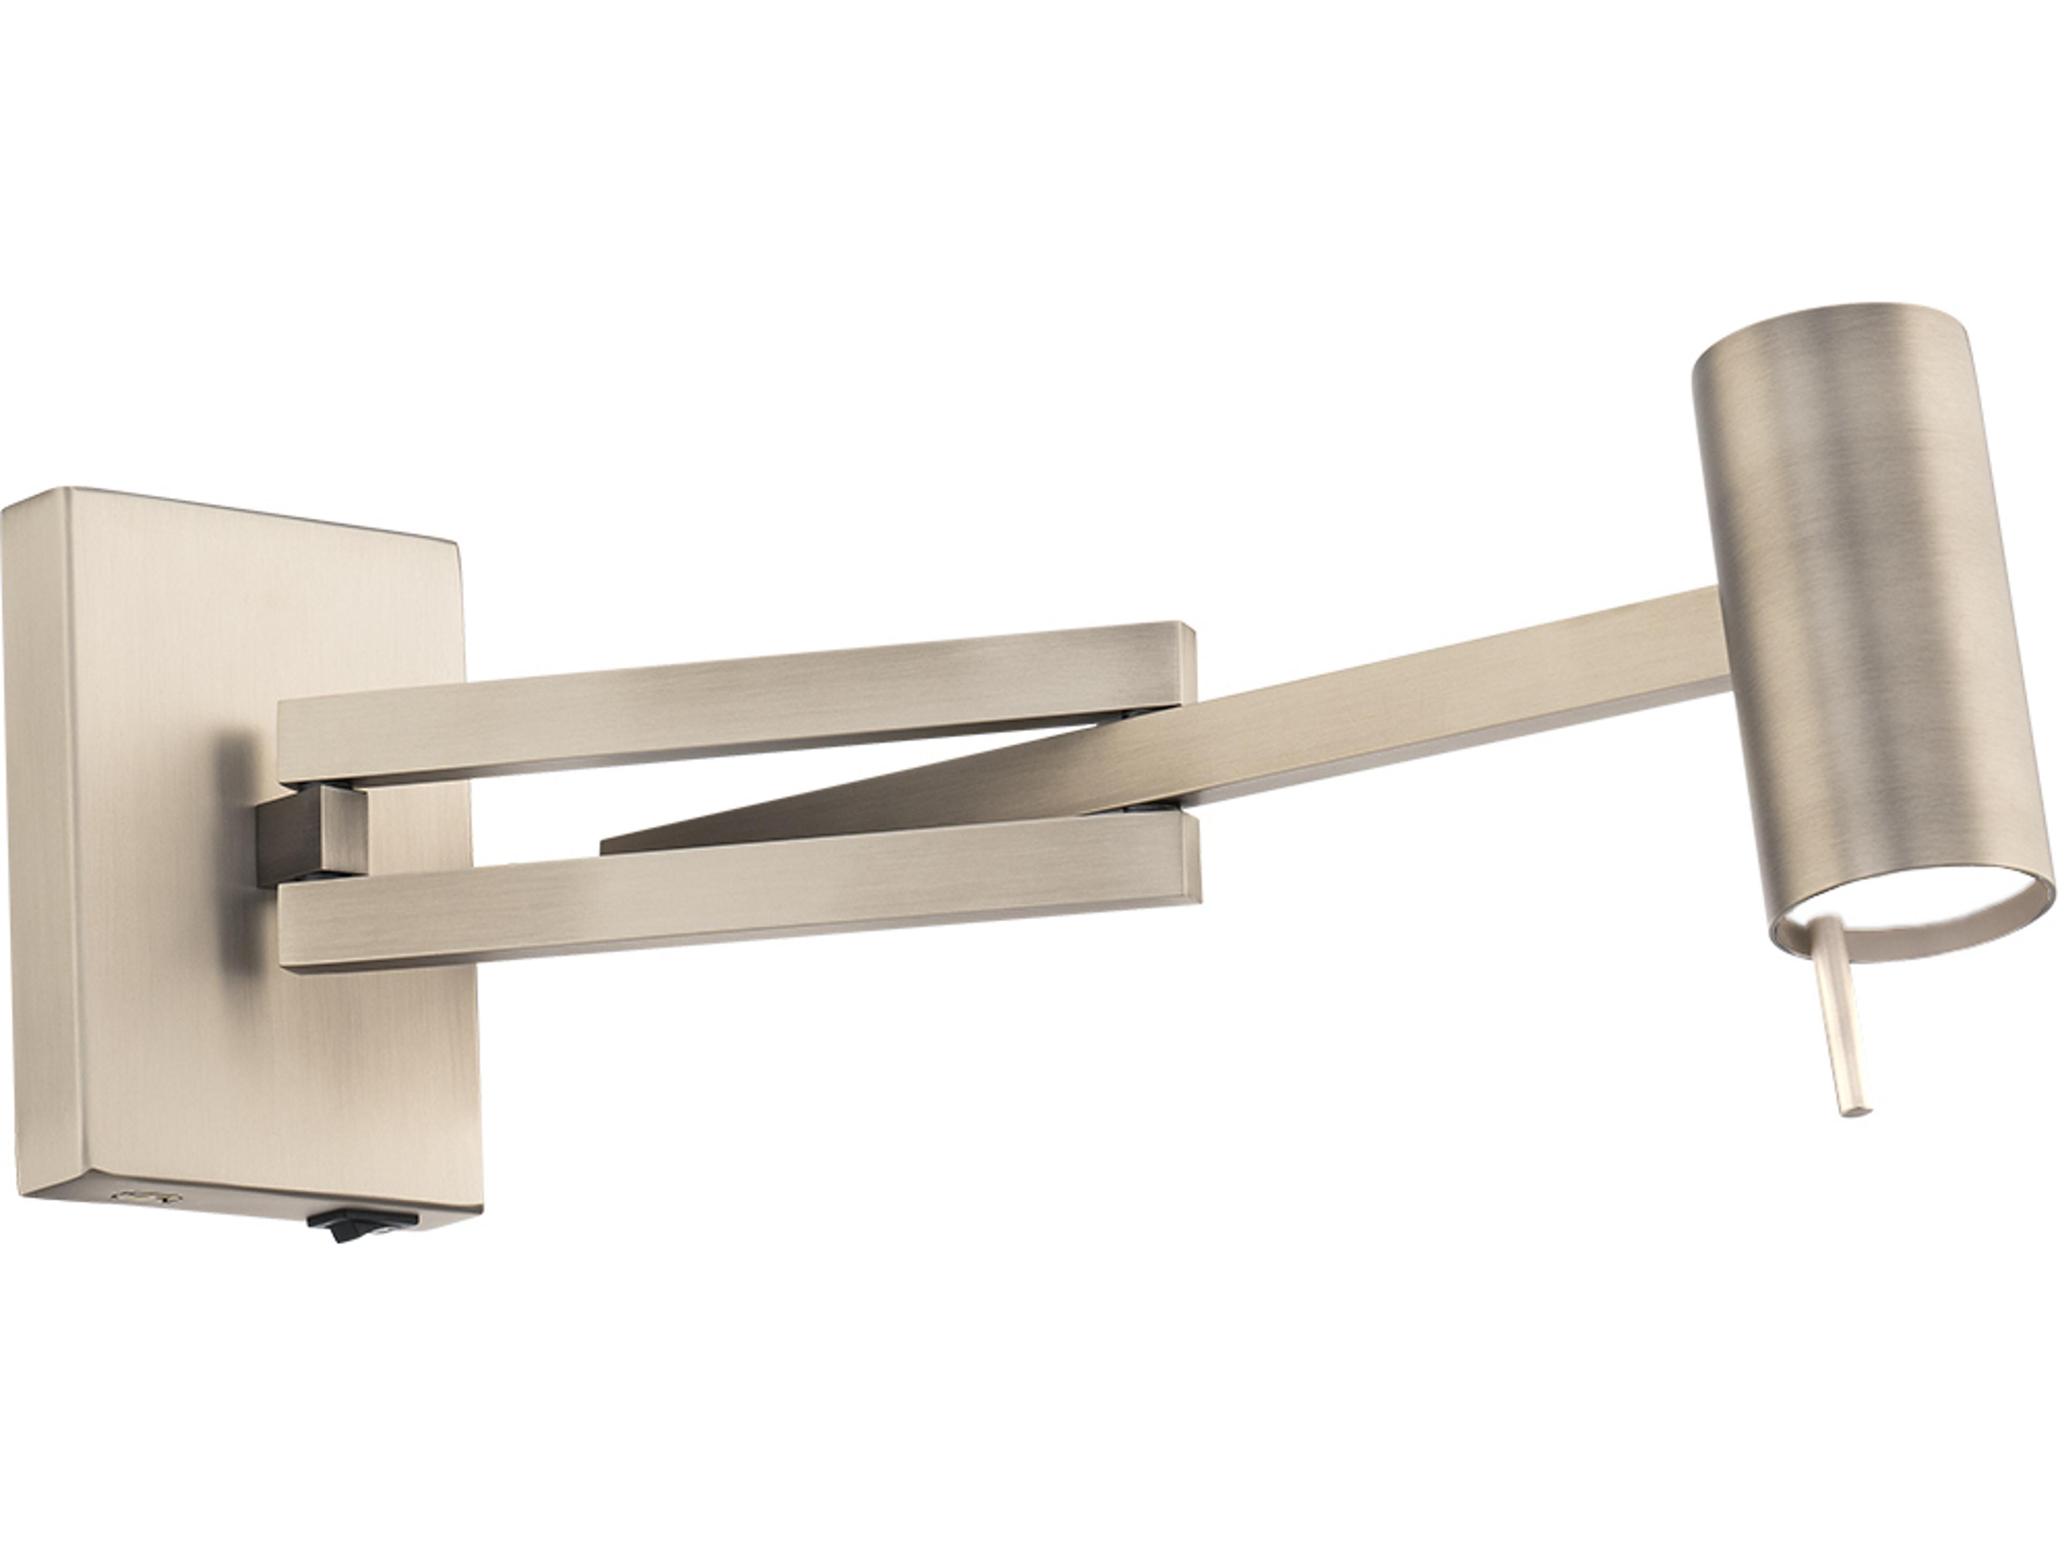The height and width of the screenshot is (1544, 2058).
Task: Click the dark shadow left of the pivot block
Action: click(x=233, y=800)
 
